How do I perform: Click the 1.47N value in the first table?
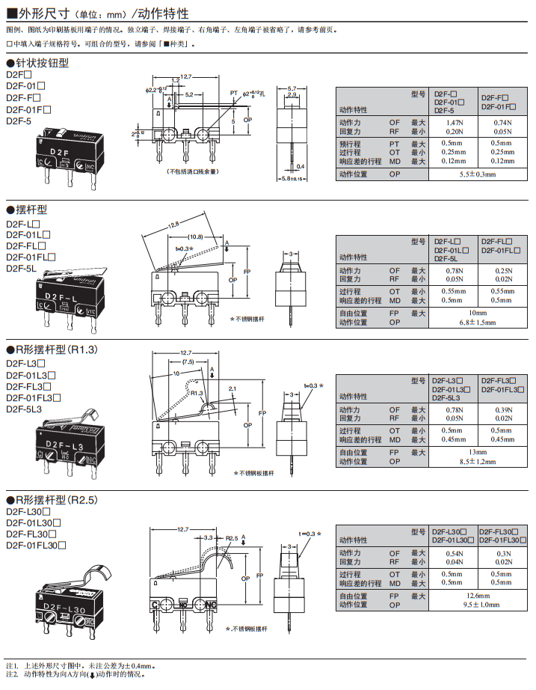(453, 121)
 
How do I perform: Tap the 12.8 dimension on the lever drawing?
(173, 225)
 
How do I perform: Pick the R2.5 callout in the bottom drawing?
(232, 537)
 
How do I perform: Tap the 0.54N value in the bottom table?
(453, 553)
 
